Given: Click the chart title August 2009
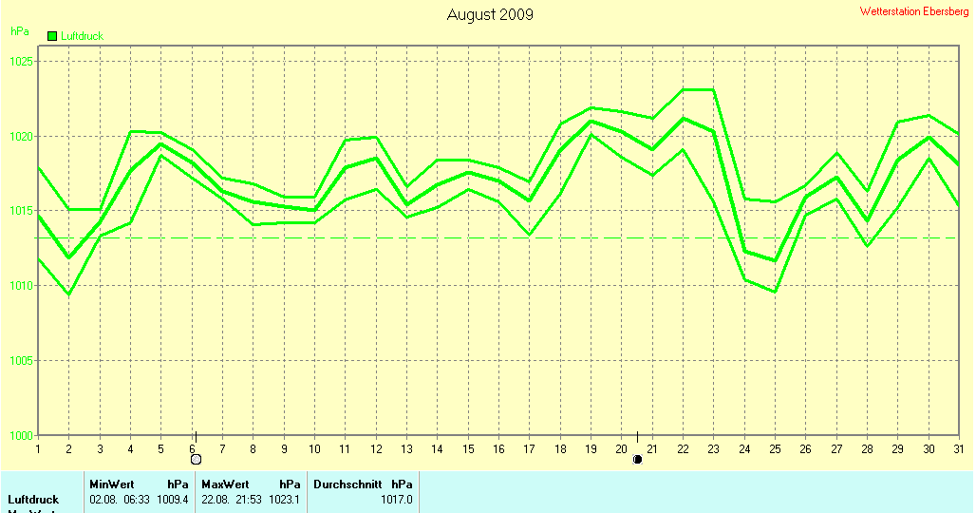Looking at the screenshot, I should tap(490, 14).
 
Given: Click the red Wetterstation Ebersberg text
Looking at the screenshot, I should tap(915, 11).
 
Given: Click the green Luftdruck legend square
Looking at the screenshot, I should tap(53, 36).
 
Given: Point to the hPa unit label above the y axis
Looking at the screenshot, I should tap(19, 31).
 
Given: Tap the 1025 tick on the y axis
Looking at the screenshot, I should tap(21, 61).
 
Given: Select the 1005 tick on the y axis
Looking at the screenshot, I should tap(21, 360).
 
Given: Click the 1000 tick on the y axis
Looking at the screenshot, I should tap(21, 435).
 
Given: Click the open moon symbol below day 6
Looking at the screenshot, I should tap(196, 459).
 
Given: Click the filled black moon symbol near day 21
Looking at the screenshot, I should tap(637, 460).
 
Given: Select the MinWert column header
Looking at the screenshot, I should tap(112, 484).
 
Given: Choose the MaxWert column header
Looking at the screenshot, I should tap(225, 484).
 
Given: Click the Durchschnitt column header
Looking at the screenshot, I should tap(344, 484).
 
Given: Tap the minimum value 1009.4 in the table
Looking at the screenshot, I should tap(173, 499).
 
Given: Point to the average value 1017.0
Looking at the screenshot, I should tap(397, 499).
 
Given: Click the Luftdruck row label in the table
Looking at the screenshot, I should tap(33, 499).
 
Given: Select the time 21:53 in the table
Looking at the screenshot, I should tap(247, 499).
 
